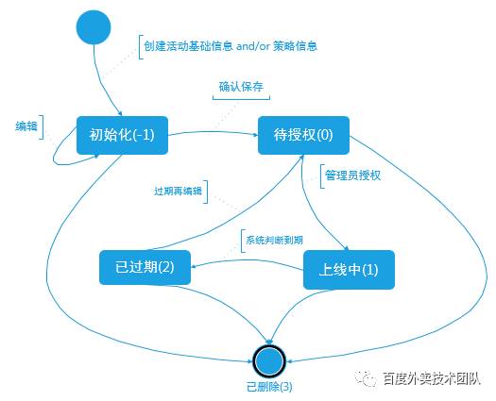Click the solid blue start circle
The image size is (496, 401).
click(x=94, y=27)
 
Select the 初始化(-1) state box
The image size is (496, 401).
click(x=122, y=135)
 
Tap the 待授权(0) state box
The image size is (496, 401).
click(x=303, y=135)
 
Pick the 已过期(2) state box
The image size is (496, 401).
click(x=145, y=267)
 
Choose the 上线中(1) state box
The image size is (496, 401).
click(x=349, y=270)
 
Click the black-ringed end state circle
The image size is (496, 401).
click(x=269, y=361)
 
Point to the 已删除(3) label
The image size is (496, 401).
click(x=269, y=387)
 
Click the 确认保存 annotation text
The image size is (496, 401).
click(x=241, y=87)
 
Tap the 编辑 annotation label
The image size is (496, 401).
click(x=26, y=126)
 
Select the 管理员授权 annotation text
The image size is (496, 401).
click(x=352, y=175)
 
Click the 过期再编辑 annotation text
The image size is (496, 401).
click(x=178, y=192)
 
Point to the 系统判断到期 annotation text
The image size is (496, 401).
click(x=274, y=241)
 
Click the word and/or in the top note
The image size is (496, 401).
click(x=253, y=46)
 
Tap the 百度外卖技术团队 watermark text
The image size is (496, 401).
click(x=432, y=378)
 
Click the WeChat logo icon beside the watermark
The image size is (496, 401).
click(x=366, y=378)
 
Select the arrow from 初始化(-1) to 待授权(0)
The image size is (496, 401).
click(x=213, y=131)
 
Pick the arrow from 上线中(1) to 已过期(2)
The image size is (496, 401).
click(x=247, y=261)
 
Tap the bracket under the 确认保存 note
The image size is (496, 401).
click(x=241, y=98)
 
